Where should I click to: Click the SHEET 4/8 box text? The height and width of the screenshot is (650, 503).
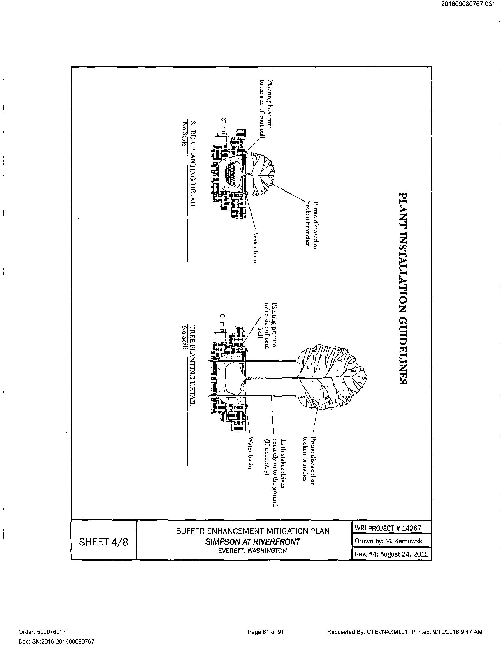(x=103, y=542)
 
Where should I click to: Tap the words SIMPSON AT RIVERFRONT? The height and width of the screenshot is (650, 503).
(x=253, y=542)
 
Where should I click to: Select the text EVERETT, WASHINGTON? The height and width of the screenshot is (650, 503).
(x=253, y=551)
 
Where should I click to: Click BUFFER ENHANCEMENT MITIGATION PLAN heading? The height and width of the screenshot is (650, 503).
(x=253, y=531)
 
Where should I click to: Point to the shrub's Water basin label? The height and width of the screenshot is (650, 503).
(x=255, y=248)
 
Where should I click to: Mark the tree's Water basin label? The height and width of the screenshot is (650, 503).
(x=250, y=453)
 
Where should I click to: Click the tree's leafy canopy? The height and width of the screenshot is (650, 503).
(x=330, y=378)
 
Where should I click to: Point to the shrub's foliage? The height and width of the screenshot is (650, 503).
(x=262, y=174)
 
